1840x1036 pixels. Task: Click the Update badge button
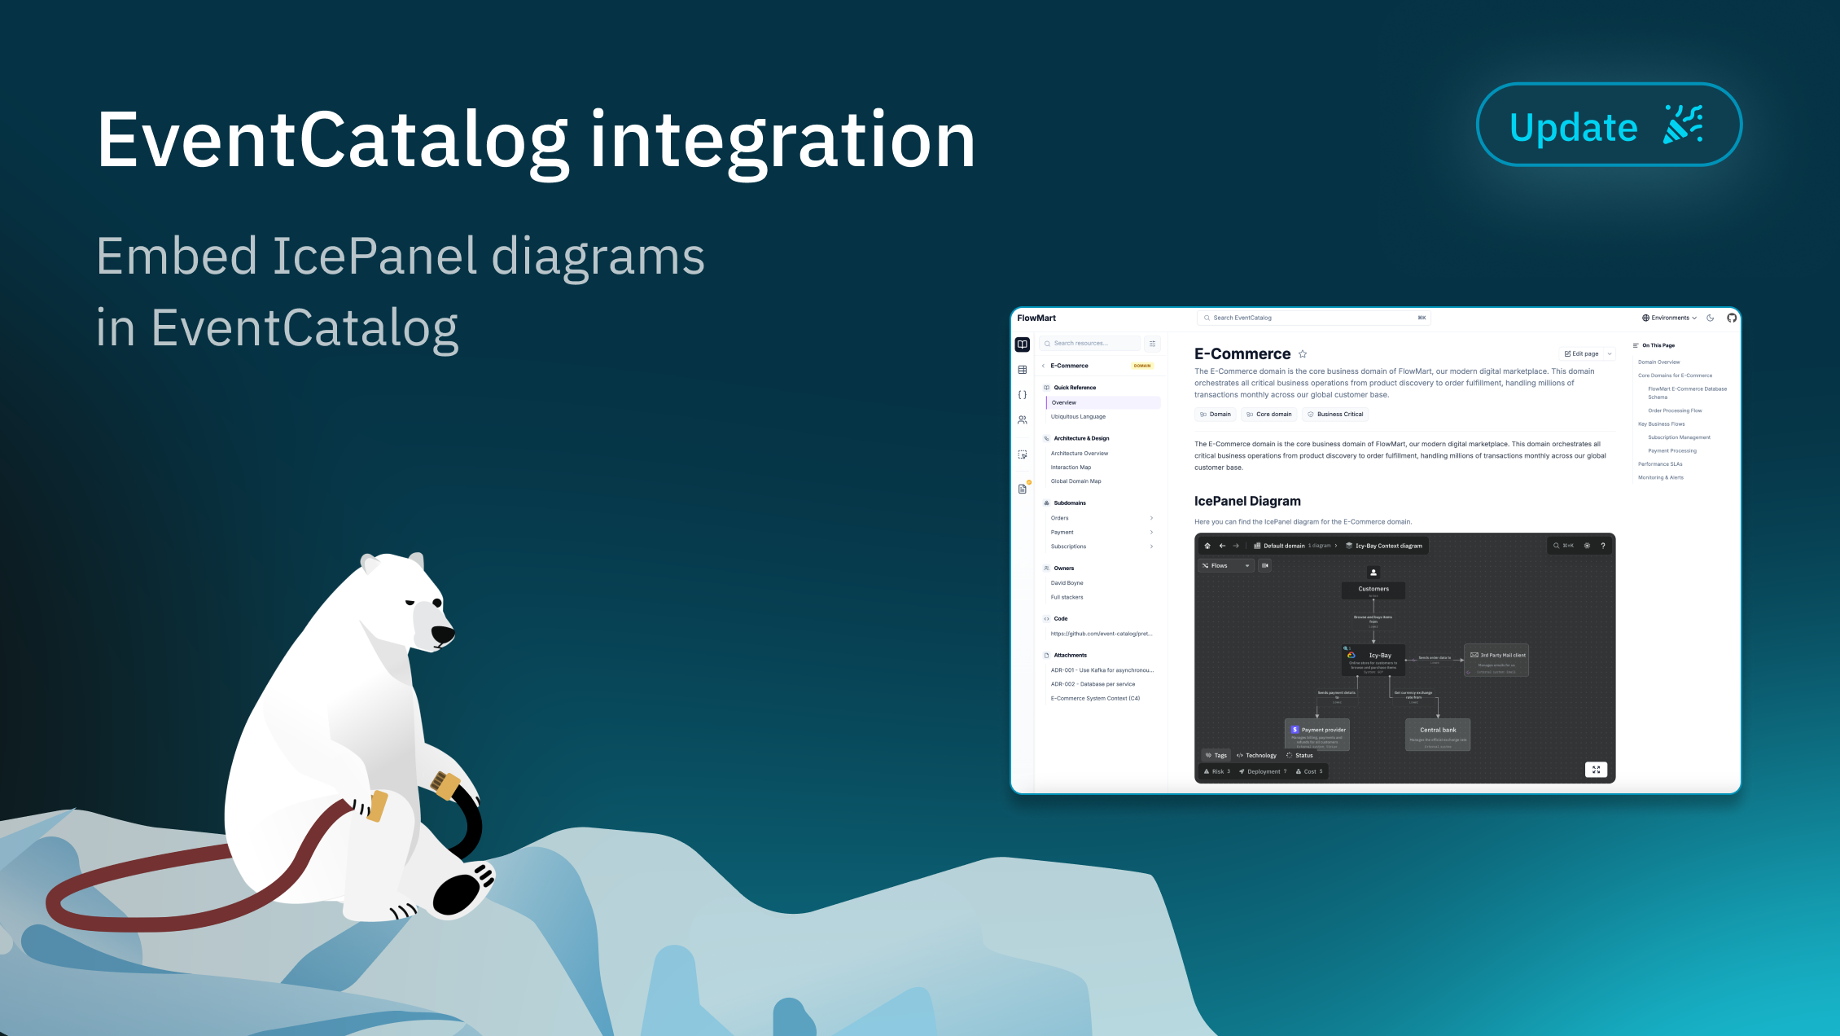click(1608, 125)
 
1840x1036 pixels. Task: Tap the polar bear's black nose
click(442, 634)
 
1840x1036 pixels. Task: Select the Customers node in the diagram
click(1373, 589)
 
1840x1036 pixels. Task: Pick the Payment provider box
click(1317, 733)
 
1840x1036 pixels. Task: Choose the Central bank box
click(1438, 733)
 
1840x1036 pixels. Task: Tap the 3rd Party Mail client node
click(1496, 659)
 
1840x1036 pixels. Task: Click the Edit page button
click(1581, 353)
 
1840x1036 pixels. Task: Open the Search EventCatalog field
click(1313, 318)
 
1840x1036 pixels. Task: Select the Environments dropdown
click(1669, 318)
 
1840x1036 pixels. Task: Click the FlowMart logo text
click(1036, 318)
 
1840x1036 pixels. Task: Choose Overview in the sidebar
click(1064, 402)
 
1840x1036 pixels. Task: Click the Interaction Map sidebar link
click(1071, 468)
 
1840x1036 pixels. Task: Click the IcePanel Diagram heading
click(1247, 501)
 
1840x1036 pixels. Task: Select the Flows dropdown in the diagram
click(1225, 565)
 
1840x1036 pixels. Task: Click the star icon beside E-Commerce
click(1303, 353)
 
